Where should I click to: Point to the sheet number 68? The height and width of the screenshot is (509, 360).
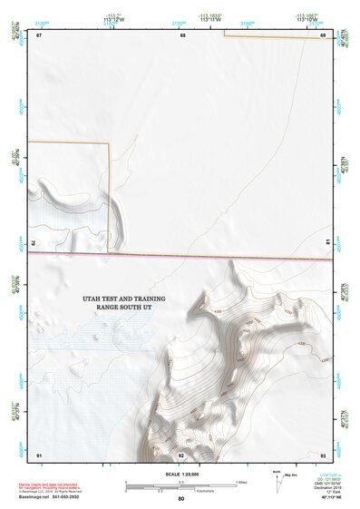point(181,35)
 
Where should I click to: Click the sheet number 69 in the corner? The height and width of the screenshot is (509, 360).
point(324,35)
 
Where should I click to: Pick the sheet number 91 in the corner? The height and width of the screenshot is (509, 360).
point(39,454)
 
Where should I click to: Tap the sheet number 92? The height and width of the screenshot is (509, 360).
point(181,454)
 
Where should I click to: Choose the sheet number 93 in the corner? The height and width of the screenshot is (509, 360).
point(324,454)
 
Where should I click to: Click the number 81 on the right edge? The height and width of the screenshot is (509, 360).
point(326,243)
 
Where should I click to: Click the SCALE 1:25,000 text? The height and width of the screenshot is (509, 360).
point(181,475)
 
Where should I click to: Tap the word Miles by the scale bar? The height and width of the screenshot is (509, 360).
point(242,482)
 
